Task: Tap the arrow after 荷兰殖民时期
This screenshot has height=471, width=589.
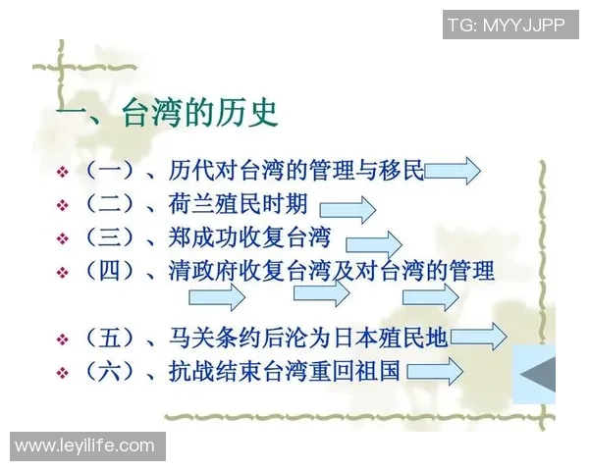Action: click(x=348, y=209)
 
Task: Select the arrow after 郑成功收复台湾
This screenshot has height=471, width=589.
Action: click(x=373, y=242)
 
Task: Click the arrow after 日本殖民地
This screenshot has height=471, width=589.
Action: click(x=478, y=338)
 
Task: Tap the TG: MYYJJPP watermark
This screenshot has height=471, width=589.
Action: click(x=507, y=25)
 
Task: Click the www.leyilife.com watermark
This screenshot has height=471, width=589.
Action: click(x=84, y=446)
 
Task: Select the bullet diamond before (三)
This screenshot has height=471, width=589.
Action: click(x=62, y=238)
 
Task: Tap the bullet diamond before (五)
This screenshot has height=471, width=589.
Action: click(x=62, y=340)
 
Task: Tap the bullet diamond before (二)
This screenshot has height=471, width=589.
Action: click(x=62, y=206)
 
